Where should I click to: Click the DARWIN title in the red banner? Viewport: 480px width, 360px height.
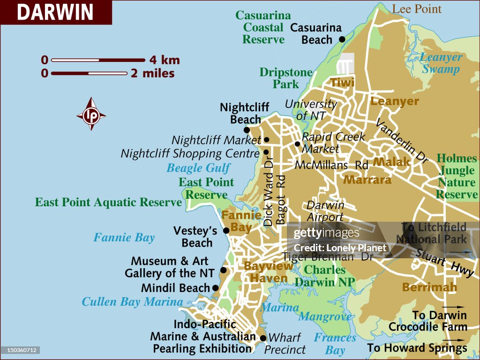click(x=55, y=12)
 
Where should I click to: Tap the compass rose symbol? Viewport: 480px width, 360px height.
click(x=91, y=114)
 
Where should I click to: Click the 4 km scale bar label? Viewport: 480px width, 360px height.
click(x=165, y=60)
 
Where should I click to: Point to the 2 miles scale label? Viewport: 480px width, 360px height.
click(x=152, y=74)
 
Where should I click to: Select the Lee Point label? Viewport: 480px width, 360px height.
click(x=417, y=9)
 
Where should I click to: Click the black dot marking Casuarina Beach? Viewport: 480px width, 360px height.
click(x=342, y=39)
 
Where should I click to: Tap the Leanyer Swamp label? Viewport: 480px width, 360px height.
click(x=441, y=63)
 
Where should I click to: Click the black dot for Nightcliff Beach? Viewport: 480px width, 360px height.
click(x=247, y=130)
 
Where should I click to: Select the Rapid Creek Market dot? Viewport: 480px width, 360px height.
click(x=297, y=144)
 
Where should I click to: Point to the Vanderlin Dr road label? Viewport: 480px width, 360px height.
click(x=402, y=140)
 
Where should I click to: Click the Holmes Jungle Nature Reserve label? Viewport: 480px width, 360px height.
click(x=457, y=176)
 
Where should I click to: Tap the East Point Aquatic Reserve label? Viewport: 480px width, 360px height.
click(x=108, y=202)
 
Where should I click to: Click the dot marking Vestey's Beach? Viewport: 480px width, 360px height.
click(x=226, y=230)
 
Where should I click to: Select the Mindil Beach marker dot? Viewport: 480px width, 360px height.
click(x=215, y=288)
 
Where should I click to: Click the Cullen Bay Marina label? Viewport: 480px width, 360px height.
click(x=132, y=301)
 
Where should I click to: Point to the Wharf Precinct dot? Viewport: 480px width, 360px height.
click(x=263, y=338)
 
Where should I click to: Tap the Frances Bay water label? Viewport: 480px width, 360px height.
click(x=335, y=344)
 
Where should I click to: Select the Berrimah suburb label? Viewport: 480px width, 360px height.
click(x=429, y=287)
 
